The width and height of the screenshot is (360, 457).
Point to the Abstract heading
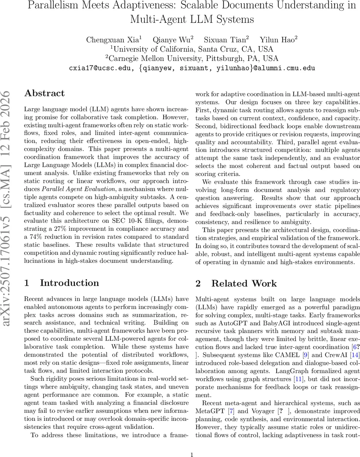pyautogui.click(x=45, y=93)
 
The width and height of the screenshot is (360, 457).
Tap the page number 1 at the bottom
pyautogui.click(x=192, y=444)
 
